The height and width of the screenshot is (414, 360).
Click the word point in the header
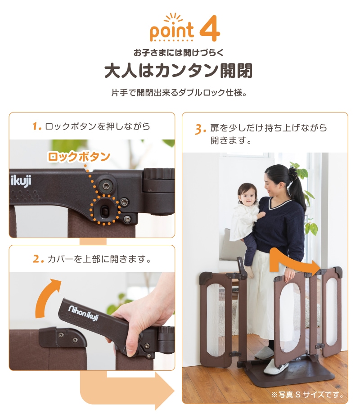(x=172, y=31)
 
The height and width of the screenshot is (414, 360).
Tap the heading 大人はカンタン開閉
(x=179, y=71)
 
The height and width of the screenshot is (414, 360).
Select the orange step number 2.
(x=38, y=259)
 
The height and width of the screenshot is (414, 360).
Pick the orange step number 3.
(x=200, y=130)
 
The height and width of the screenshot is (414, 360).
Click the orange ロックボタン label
(x=79, y=157)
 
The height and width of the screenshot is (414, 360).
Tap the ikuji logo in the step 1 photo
(x=21, y=181)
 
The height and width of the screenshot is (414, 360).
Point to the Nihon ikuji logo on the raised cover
(x=83, y=313)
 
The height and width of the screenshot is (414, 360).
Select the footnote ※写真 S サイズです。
(x=308, y=395)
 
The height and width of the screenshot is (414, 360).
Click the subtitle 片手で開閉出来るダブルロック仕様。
(x=179, y=93)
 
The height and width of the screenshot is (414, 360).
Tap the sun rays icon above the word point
(x=173, y=18)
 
